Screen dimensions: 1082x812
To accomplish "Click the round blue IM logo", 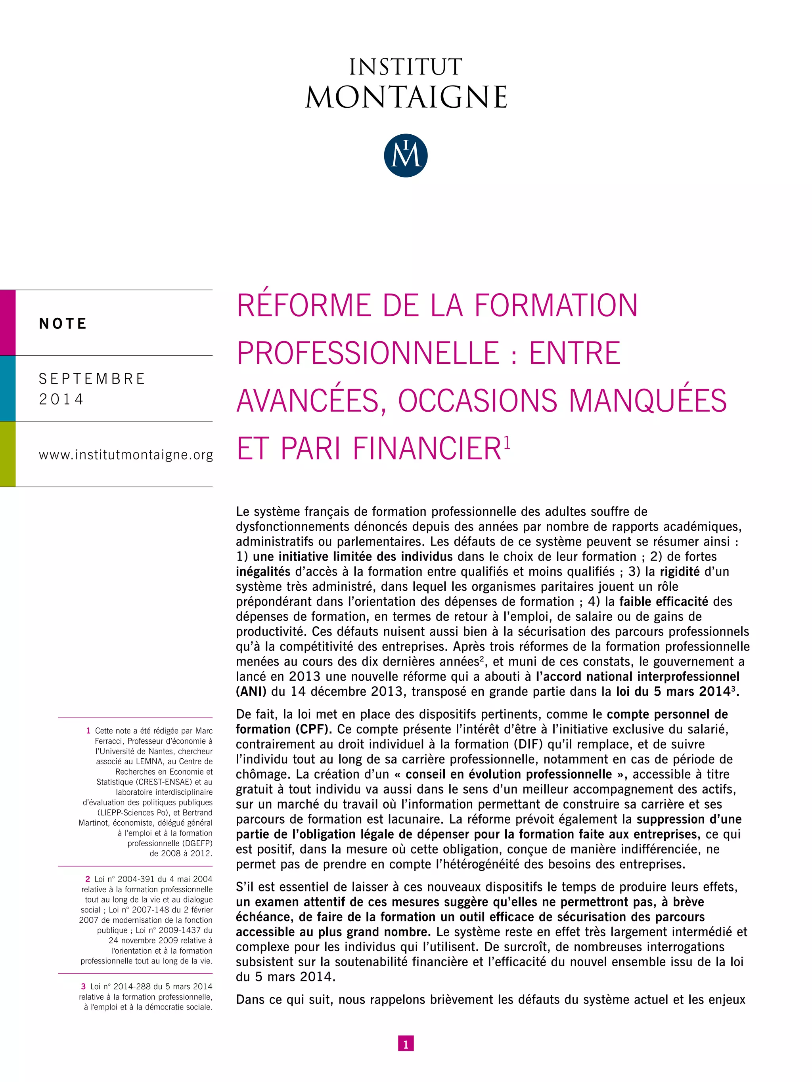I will click(x=406, y=156).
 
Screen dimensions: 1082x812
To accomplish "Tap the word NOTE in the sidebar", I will click(x=63, y=323).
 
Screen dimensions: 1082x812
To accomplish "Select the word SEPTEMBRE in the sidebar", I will click(x=92, y=379).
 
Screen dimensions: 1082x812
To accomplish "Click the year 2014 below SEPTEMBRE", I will click(x=61, y=399).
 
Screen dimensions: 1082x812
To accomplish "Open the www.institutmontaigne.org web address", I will click(x=126, y=455).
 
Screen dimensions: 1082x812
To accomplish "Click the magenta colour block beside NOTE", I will click(x=8, y=323).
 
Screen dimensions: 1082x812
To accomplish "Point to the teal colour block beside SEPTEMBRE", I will click(x=8, y=388).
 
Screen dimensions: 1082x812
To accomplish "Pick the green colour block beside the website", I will click(x=8, y=454).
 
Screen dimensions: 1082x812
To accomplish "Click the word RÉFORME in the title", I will click(x=303, y=306).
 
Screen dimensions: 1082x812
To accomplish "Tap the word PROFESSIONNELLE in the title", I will click(x=368, y=353).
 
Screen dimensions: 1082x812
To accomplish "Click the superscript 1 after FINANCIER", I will click(x=507, y=442).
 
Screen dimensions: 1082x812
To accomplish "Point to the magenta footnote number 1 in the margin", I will click(x=88, y=731).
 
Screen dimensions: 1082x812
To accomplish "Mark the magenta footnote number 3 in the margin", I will click(x=84, y=986).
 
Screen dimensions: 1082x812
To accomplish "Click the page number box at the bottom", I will click(x=406, y=1044).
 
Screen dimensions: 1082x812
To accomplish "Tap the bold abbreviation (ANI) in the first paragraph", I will click(x=251, y=692).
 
